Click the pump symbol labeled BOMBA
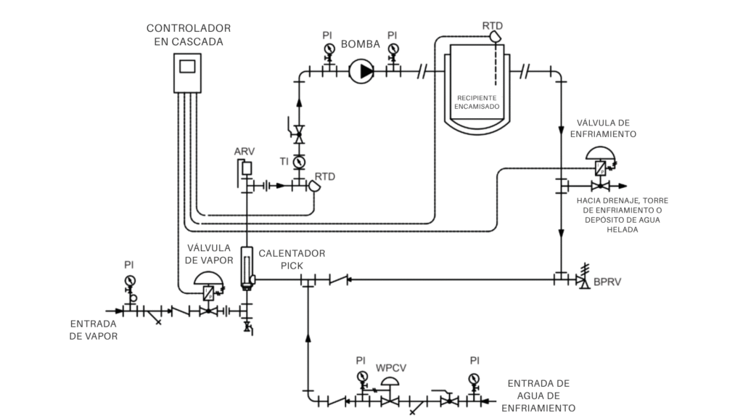coord(361,71)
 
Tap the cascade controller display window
coord(187,66)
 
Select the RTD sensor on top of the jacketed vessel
coord(495,36)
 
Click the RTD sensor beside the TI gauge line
coord(314,186)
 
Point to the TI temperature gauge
coord(299,162)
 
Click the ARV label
coord(245,152)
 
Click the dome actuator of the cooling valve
coord(600,154)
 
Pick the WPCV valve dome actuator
coord(390,381)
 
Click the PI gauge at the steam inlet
coord(129,281)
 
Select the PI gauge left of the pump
coord(329,49)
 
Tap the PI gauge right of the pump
coord(393,49)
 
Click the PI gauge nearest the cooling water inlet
coord(473,379)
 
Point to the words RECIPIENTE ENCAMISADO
coord(477,102)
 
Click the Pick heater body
coord(247,268)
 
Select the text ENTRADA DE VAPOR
coord(94,330)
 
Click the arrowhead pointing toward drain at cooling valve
coord(622,186)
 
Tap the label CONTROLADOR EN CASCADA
coord(189,35)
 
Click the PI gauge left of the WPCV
coord(362,377)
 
